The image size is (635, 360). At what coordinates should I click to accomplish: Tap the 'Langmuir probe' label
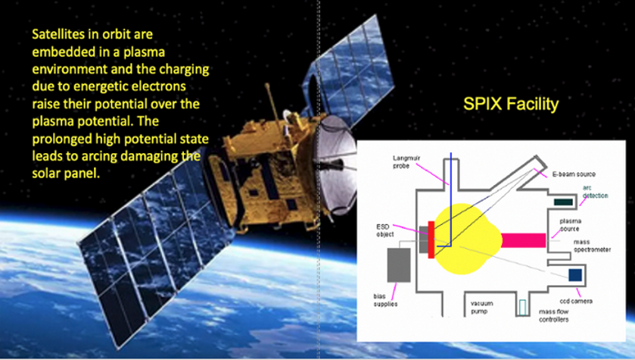tap(407, 161)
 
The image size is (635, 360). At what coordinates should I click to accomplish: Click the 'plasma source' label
tap(570, 224)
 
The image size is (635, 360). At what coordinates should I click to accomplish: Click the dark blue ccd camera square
tap(575, 274)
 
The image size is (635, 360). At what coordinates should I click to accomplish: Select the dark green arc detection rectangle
tap(563, 202)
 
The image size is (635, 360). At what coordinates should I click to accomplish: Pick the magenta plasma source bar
tap(522, 240)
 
